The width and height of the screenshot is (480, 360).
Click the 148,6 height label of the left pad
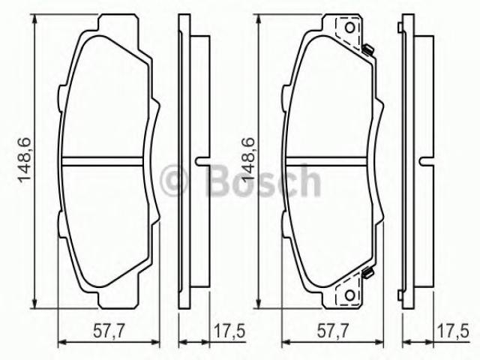[25, 160]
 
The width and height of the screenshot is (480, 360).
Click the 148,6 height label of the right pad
[247, 160]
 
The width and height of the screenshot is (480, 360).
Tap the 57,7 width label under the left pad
[109, 331]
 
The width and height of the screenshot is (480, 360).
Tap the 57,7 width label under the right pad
[332, 331]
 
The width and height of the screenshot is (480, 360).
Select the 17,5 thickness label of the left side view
[229, 331]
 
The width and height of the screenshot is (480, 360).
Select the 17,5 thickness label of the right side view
[453, 331]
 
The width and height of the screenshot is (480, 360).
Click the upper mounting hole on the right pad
[350, 28]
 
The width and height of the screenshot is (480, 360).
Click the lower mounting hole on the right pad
[350, 295]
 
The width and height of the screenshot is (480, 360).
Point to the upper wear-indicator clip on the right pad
[367, 49]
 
